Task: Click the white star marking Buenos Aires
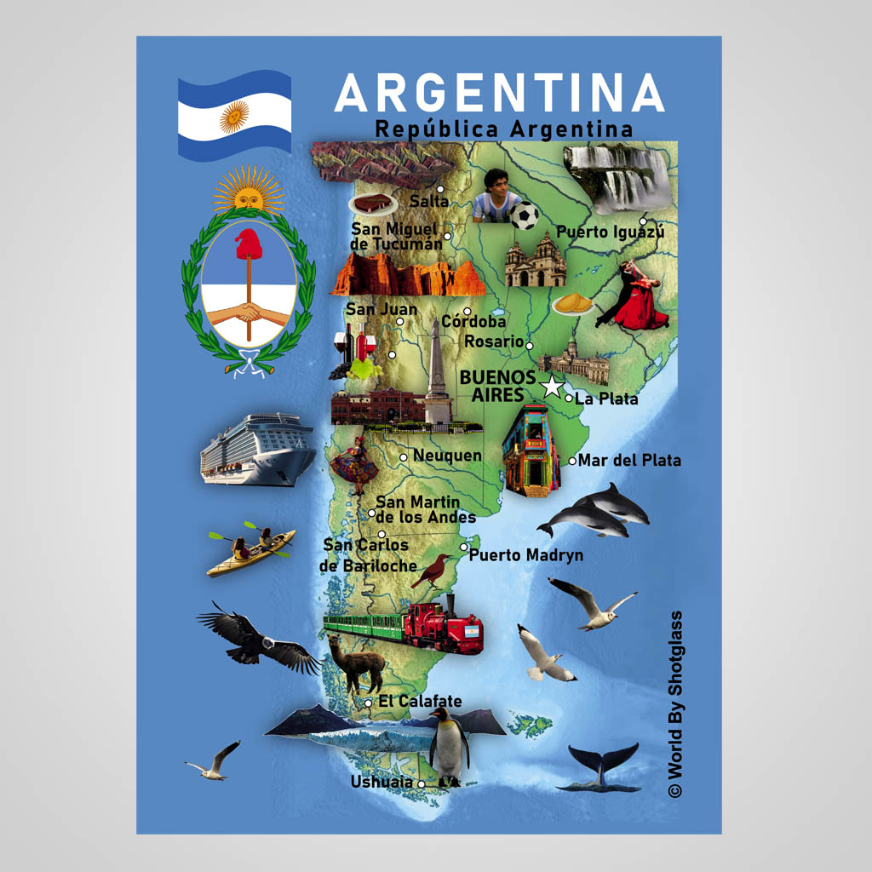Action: coord(552,387)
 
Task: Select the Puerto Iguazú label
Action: coord(610,232)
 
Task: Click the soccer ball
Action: coord(525,215)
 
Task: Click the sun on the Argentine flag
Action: coord(234,117)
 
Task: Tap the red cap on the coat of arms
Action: coord(249,244)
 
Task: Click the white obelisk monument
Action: coord(437,375)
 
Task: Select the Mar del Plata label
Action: coord(629,461)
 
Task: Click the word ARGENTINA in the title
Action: coord(498,94)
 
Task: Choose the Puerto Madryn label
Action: coord(526,555)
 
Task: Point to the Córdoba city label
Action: coord(473,322)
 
